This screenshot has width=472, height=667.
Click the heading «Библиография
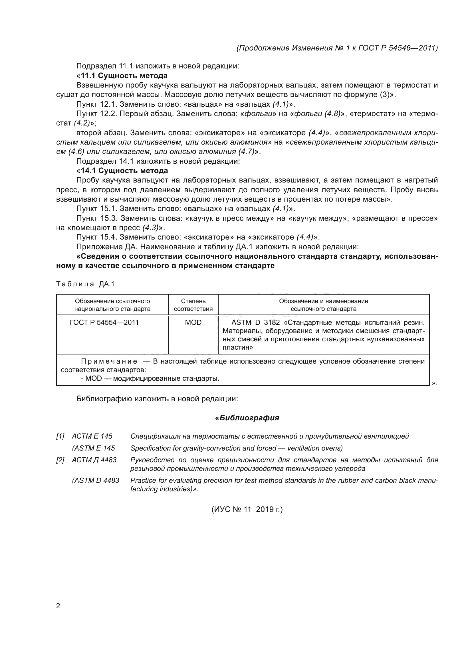tap(247, 418)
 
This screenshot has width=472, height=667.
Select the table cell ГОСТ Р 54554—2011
tap(104, 323)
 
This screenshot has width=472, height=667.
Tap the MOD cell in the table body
tap(193, 323)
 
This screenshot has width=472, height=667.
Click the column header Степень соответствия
tap(193, 305)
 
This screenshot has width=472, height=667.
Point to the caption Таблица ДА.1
tap(85, 284)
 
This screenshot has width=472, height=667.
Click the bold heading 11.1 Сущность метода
tap(124, 76)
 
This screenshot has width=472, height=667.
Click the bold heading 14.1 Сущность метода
tap(124, 171)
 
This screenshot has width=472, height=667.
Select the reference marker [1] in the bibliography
tap(60, 436)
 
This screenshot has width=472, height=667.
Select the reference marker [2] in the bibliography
tap(60, 460)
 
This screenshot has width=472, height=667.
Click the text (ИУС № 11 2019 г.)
tap(247, 509)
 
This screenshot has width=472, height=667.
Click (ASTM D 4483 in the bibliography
tap(96, 481)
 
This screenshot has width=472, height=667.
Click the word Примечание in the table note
tap(109, 361)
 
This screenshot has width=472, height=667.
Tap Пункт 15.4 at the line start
tap(96, 237)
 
